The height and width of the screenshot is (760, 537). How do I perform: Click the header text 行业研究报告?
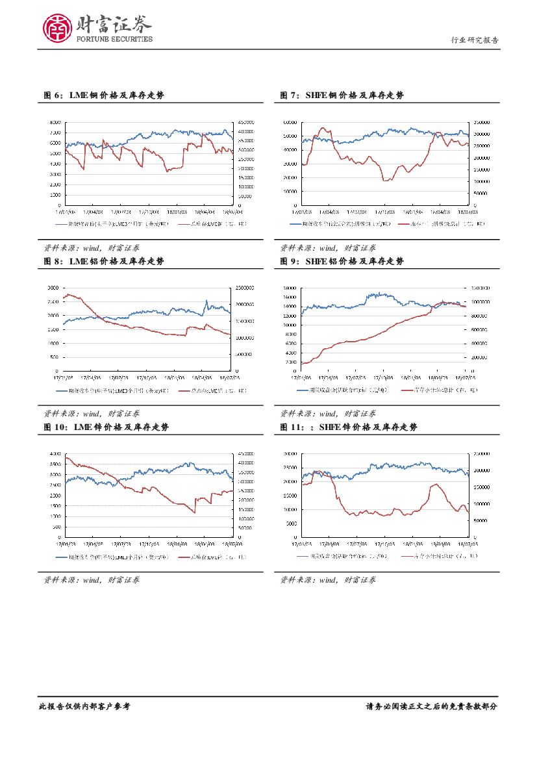click(x=475, y=40)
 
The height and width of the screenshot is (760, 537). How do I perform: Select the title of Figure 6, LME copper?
click(x=104, y=95)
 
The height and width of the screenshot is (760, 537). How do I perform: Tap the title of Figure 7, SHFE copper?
click(x=342, y=95)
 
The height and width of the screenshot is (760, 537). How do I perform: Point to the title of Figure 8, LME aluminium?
click(x=104, y=261)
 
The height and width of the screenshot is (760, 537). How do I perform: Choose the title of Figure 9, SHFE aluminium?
click(x=342, y=261)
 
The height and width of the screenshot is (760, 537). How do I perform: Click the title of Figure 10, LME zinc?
click(x=106, y=427)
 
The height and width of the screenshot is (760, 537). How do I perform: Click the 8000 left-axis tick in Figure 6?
click(x=55, y=121)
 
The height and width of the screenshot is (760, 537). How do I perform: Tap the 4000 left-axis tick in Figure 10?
click(x=55, y=453)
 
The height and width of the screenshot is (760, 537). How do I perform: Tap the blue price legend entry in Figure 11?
click(x=349, y=557)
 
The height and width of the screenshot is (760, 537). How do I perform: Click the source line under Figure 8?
click(x=91, y=413)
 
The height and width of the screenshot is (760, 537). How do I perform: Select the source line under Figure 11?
click(x=328, y=579)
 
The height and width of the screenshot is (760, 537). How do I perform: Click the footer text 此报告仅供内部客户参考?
click(x=84, y=706)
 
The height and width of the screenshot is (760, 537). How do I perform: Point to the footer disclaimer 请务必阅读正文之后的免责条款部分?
click(x=432, y=706)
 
